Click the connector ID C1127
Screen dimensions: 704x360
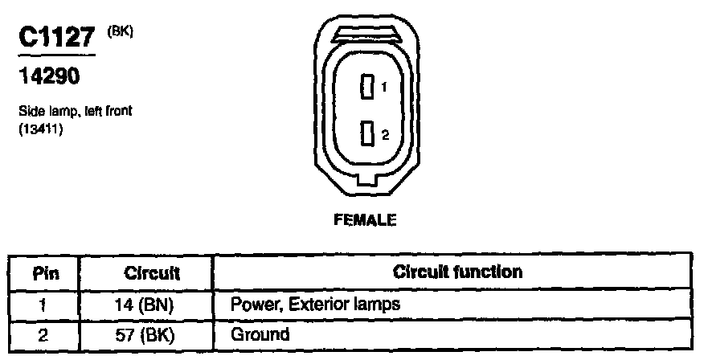(x=55, y=39)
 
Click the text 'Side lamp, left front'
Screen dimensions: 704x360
(x=74, y=112)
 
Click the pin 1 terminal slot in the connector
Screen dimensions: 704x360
(x=368, y=87)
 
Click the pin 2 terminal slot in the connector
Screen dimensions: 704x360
(x=368, y=133)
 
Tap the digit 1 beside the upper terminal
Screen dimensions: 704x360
(x=385, y=87)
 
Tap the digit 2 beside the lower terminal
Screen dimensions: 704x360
(x=385, y=134)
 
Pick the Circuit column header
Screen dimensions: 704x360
(x=152, y=273)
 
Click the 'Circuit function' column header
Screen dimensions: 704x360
(x=457, y=272)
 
